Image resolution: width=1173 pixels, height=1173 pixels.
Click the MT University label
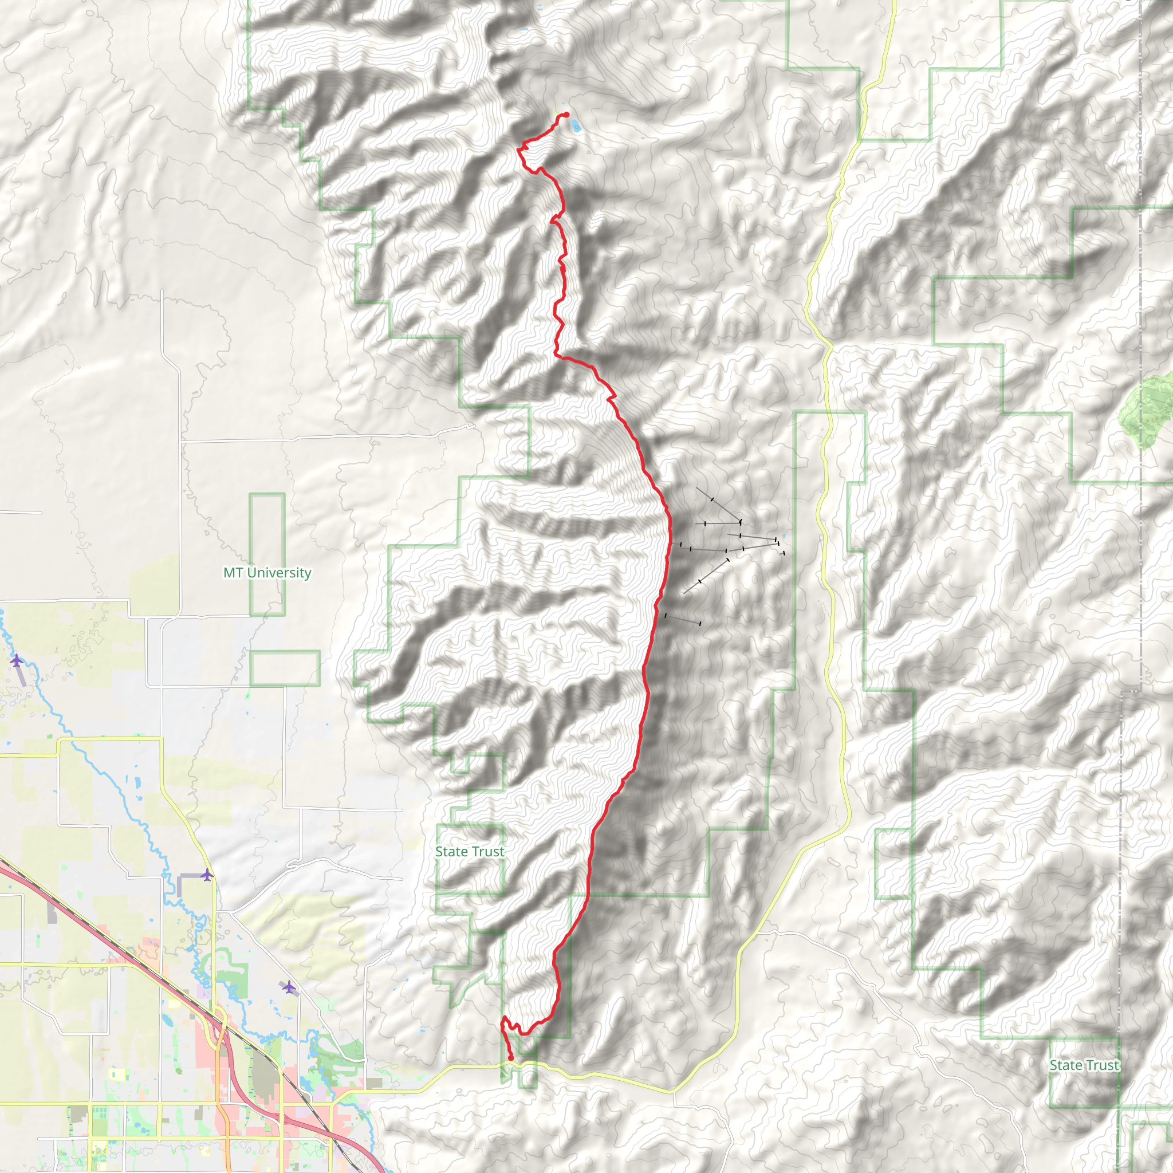(267, 573)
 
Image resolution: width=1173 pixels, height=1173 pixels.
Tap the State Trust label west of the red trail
(469, 852)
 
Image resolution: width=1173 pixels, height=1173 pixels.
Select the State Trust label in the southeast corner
(1084, 1065)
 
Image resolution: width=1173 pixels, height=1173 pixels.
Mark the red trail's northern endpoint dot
(566, 115)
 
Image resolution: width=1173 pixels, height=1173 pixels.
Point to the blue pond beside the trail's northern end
(574, 126)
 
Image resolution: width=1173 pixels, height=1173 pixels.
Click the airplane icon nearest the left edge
(17, 660)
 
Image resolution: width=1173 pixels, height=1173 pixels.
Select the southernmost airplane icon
(290, 988)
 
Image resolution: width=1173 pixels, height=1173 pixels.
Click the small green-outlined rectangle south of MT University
(285, 668)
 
